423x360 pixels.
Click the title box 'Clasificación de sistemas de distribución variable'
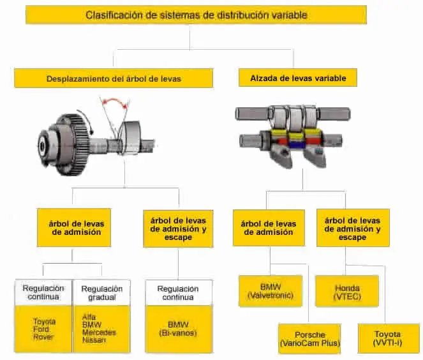pos(196,14)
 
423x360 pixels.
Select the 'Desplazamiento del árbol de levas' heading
pos(114,79)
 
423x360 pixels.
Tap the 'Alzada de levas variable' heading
pos(293,78)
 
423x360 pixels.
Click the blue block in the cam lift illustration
pos(296,143)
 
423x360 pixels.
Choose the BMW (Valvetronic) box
pos(271,291)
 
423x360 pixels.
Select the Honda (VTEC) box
pos(347,291)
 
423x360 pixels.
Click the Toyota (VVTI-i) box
pos(388,339)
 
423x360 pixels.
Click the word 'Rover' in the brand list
pos(44,338)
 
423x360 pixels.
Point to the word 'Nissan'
pos(94,340)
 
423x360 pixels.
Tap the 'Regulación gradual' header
pos(102,293)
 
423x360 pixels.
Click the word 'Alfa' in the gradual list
pos(89,316)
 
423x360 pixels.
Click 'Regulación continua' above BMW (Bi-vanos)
pos(177,293)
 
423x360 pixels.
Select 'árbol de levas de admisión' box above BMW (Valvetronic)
pos(268,228)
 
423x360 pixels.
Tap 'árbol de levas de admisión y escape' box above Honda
pos(352,229)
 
